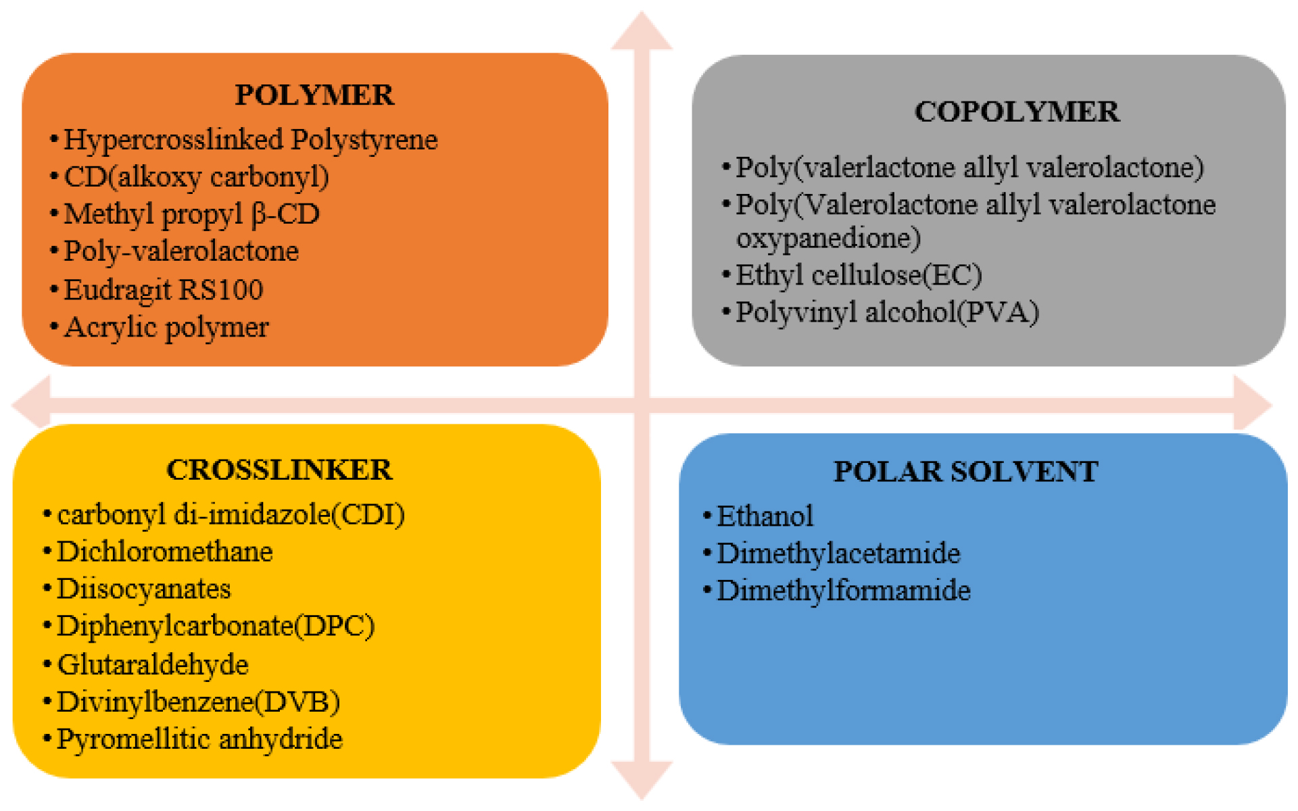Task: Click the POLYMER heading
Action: tap(314, 95)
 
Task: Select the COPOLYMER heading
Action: tap(1017, 112)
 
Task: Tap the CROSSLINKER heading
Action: tap(279, 470)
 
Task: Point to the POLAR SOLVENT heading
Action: tap(965, 472)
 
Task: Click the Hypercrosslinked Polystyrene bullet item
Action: tap(251, 141)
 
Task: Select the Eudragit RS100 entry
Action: tap(164, 290)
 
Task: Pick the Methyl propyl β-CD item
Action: tap(191, 215)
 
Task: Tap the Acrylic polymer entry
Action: tap(166, 328)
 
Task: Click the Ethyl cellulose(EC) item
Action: tap(859, 276)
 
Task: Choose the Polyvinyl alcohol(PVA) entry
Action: tap(887, 313)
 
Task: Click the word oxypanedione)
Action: tap(828, 239)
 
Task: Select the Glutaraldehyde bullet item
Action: tap(153, 665)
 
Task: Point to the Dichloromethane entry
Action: tap(165, 552)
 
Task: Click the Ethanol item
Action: tap(765, 516)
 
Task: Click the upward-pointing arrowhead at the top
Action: tap(642, 31)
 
